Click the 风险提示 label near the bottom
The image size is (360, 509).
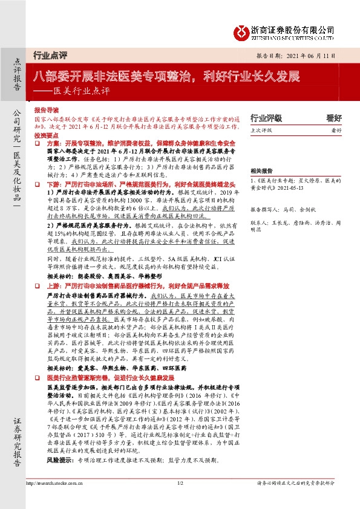(x=59, y=460)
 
